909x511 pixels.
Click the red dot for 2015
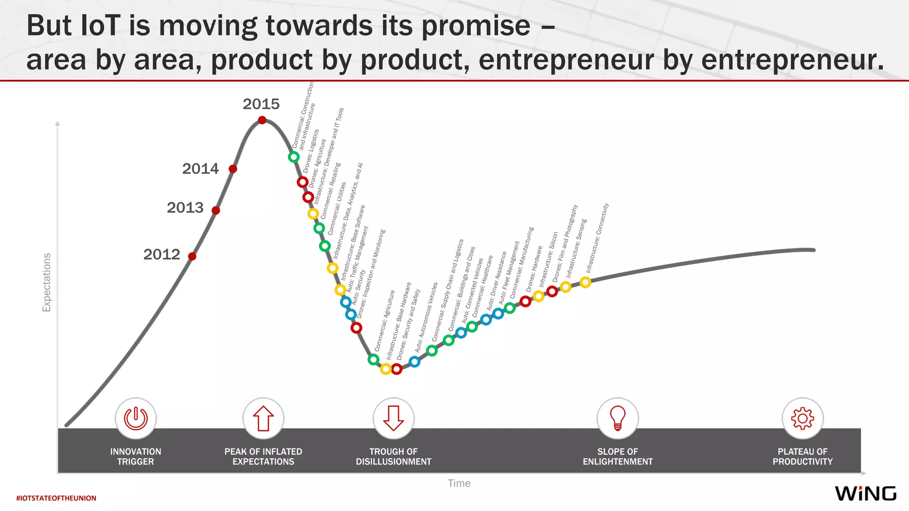pyautogui.click(x=262, y=120)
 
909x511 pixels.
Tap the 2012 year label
pyautogui.click(x=162, y=255)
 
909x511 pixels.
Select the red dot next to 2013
pyautogui.click(x=216, y=210)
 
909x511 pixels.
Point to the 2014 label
pyautogui.click(x=200, y=169)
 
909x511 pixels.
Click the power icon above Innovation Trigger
pyautogui.click(x=136, y=418)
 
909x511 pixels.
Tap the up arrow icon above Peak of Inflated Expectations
pyautogui.click(x=263, y=418)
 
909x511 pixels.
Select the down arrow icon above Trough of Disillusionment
pyautogui.click(x=394, y=418)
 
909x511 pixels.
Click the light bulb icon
pyautogui.click(x=618, y=418)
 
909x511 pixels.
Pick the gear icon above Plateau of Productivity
pyautogui.click(x=802, y=418)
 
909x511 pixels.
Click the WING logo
pyautogui.click(x=866, y=493)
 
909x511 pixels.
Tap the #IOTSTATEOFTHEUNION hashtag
pyautogui.click(x=56, y=498)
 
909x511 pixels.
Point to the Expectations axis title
pyautogui.click(x=47, y=283)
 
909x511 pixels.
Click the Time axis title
pyautogui.click(x=459, y=483)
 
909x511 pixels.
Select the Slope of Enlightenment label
pyautogui.click(x=618, y=456)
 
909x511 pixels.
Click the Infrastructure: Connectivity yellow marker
pyautogui.click(x=585, y=282)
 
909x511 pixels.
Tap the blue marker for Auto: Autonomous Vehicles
pyautogui.click(x=415, y=362)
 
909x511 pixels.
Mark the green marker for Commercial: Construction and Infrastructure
pyautogui.click(x=293, y=157)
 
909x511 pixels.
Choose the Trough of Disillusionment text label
pyautogui.click(x=394, y=456)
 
